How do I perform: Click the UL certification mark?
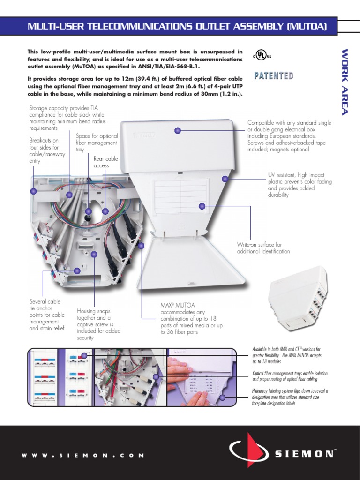(x=262, y=56)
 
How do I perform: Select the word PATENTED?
(x=274, y=75)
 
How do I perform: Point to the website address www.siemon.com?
(x=83, y=455)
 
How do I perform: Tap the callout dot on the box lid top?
(x=178, y=130)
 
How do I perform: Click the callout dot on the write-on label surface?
(x=202, y=205)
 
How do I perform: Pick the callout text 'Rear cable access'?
(x=105, y=162)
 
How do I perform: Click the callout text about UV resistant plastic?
(x=292, y=185)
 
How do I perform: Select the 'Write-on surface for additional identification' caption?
(x=263, y=248)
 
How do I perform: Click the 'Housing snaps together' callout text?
(x=98, y=324)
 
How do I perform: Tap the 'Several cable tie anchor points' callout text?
(x=47, y=315)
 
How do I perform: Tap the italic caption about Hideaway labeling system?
(x=290, y=397)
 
